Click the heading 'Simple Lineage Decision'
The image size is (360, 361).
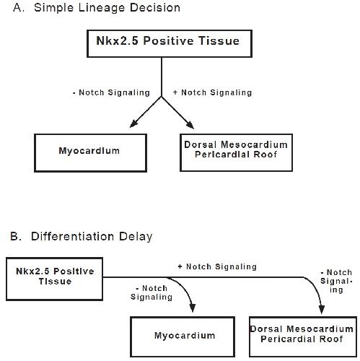107,8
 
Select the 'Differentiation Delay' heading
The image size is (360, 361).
92,237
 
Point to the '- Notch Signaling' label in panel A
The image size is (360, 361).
111,92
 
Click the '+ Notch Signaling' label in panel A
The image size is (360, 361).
213,92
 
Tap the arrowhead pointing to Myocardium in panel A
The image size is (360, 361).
133,123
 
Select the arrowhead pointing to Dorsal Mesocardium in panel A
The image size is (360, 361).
190,125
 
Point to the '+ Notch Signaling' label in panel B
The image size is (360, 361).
217,266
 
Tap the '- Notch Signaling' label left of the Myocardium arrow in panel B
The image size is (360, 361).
152,292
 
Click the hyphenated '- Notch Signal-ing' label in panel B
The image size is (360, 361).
336,281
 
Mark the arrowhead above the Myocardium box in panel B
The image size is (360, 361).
193,308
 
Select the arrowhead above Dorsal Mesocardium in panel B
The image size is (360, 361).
322,310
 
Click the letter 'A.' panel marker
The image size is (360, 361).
19,8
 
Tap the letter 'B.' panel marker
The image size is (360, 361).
16,236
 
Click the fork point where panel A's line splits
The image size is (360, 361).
162,97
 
